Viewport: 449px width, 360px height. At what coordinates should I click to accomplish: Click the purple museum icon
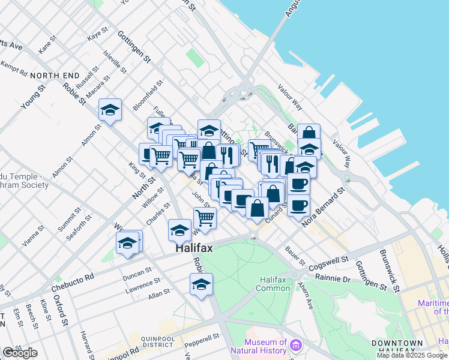click(295, 345)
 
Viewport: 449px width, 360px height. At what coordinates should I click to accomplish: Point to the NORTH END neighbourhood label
click(54, 76)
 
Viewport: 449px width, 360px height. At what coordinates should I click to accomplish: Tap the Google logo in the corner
click(20, 353)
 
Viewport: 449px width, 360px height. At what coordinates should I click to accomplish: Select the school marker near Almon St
click(110, 110)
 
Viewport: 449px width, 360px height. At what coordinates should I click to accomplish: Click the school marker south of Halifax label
click(201, 284)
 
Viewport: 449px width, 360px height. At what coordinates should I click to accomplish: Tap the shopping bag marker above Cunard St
click(257, 208)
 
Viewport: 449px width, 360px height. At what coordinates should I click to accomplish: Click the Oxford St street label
click(59, 310)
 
